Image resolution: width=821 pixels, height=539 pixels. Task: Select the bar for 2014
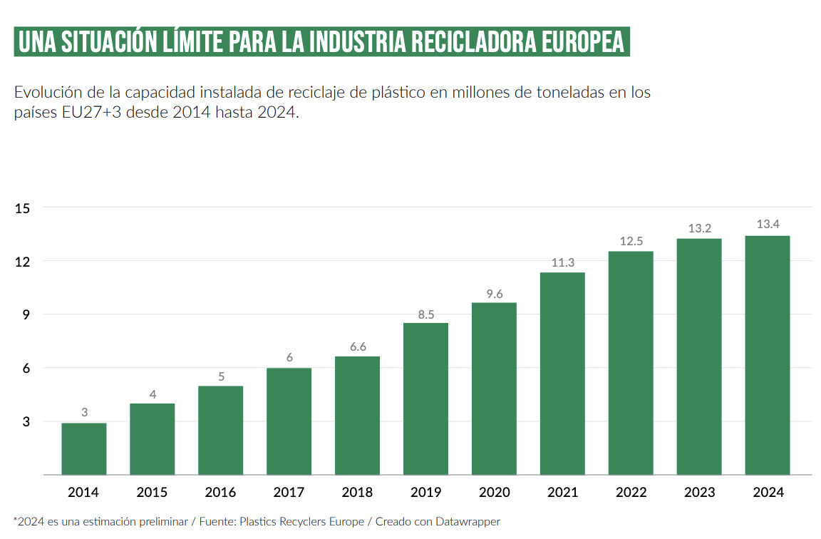(84, 448)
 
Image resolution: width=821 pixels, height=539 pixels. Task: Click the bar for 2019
(425, 399)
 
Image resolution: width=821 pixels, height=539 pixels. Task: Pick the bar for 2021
(562, 374)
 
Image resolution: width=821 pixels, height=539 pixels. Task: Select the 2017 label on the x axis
(289, 493)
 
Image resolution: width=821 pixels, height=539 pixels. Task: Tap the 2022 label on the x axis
(631, 493)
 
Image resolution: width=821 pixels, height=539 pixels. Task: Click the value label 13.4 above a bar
(768, 225)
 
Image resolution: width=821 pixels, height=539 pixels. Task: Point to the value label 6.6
(357, 346)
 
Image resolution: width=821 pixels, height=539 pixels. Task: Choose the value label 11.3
(562, 262)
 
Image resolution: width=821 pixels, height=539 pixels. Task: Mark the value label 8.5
(425, 312)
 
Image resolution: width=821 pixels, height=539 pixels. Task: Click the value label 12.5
(631, 241)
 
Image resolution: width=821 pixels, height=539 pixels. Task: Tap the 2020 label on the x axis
(494, 493)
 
